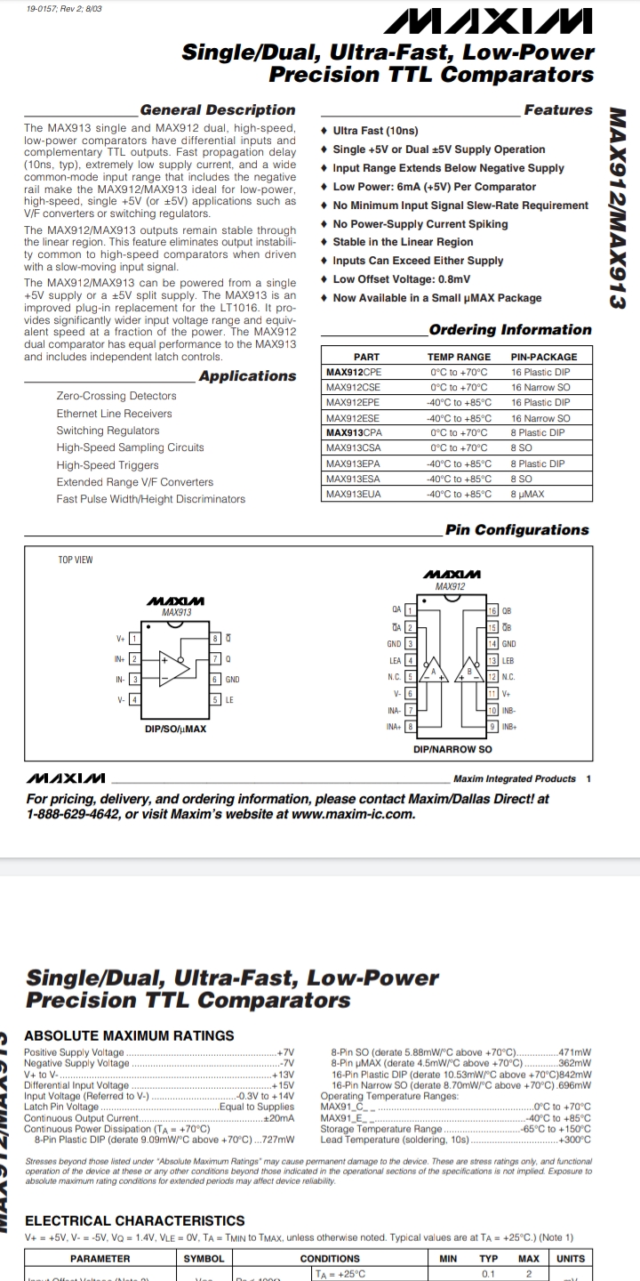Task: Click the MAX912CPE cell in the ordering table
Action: (x=354, y=372)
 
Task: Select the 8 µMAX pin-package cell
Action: (x=527, y=494)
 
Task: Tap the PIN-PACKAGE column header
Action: (x=544, y=357)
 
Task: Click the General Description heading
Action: (x=218, y=110)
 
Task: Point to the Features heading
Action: (x=557, y=110)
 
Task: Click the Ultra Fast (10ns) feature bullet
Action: (x=375, y=131)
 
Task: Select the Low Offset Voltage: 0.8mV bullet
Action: (x=401, y=279)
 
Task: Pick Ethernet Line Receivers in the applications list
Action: (x=115, y=414)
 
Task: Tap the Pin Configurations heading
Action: (x=516, y=530)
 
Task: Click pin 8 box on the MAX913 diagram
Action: (x=215, y=639)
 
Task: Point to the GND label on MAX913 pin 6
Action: (x=232, y=680)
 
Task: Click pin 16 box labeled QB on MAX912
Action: (x=493, y=611)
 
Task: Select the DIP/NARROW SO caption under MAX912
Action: (x=452, y=750)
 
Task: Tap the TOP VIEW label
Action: (x=76, y=560)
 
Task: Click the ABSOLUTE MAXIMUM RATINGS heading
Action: (x=129, y=1035)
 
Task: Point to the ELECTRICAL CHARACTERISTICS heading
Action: (x=134, y=1221)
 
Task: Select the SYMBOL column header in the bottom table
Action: (x=204, y=1259)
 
